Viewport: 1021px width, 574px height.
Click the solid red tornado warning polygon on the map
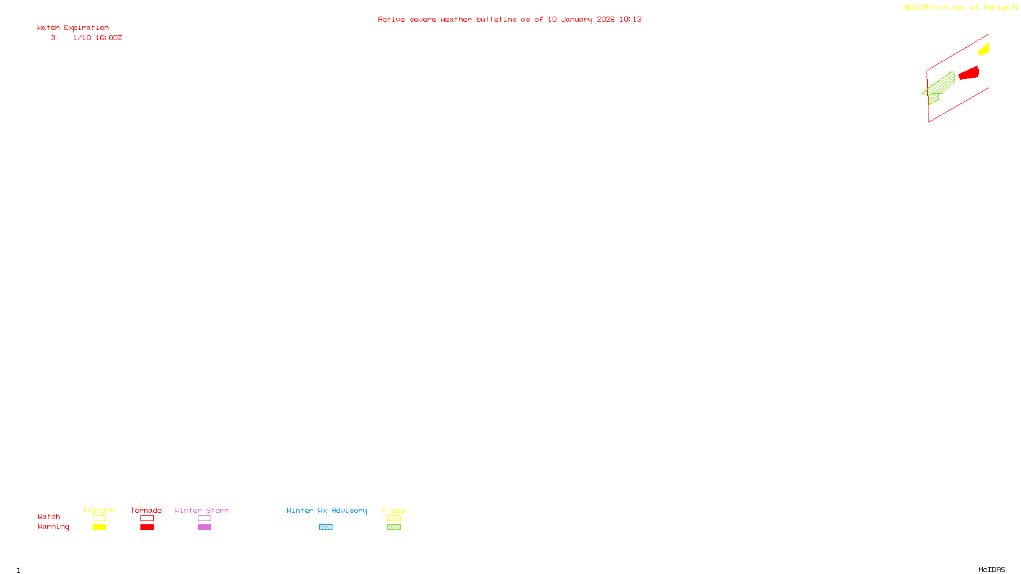(x=969, y=73)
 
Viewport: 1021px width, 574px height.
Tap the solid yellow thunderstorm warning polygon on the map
(x=985, y=49)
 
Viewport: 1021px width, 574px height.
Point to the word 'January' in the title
(x=577, y=19)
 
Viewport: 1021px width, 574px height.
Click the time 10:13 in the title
(x=630, y=19)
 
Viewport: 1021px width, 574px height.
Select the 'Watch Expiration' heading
(x=73, y=28)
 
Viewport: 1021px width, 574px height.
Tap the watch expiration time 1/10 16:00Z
(x=97, y=38)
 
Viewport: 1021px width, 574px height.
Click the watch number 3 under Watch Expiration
(x=53, y=38)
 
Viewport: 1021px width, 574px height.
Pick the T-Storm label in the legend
(x=98, y=510)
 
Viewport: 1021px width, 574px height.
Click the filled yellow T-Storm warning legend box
(x=99, y=527)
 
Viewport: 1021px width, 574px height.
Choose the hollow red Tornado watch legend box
(x=147, y=519)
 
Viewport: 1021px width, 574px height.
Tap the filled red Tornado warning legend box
(x=147, y=527)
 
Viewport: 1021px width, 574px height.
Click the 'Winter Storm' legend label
(x=202, y=510)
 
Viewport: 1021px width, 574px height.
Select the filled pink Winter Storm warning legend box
(x=204, y=527)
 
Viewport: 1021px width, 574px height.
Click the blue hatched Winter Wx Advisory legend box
(x=325, y=527)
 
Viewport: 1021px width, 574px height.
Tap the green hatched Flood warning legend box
(x=394, y=527)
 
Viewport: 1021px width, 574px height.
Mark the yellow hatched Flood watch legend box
(x=394, y=519)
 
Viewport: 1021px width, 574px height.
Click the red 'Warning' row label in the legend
(x=53, y=527)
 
